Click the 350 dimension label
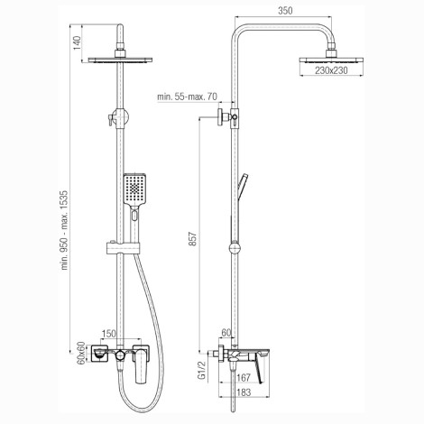pos(285,11)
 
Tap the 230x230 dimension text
pos(331,70)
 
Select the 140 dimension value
pos(77,43)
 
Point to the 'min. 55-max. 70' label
pos(187,97)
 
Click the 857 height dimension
pos(193,239)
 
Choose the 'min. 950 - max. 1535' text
pos(65,230)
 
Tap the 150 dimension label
pos(109,334)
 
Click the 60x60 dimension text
pos(80,353)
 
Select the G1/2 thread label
pos(203,371)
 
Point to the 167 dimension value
pos(244,378)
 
